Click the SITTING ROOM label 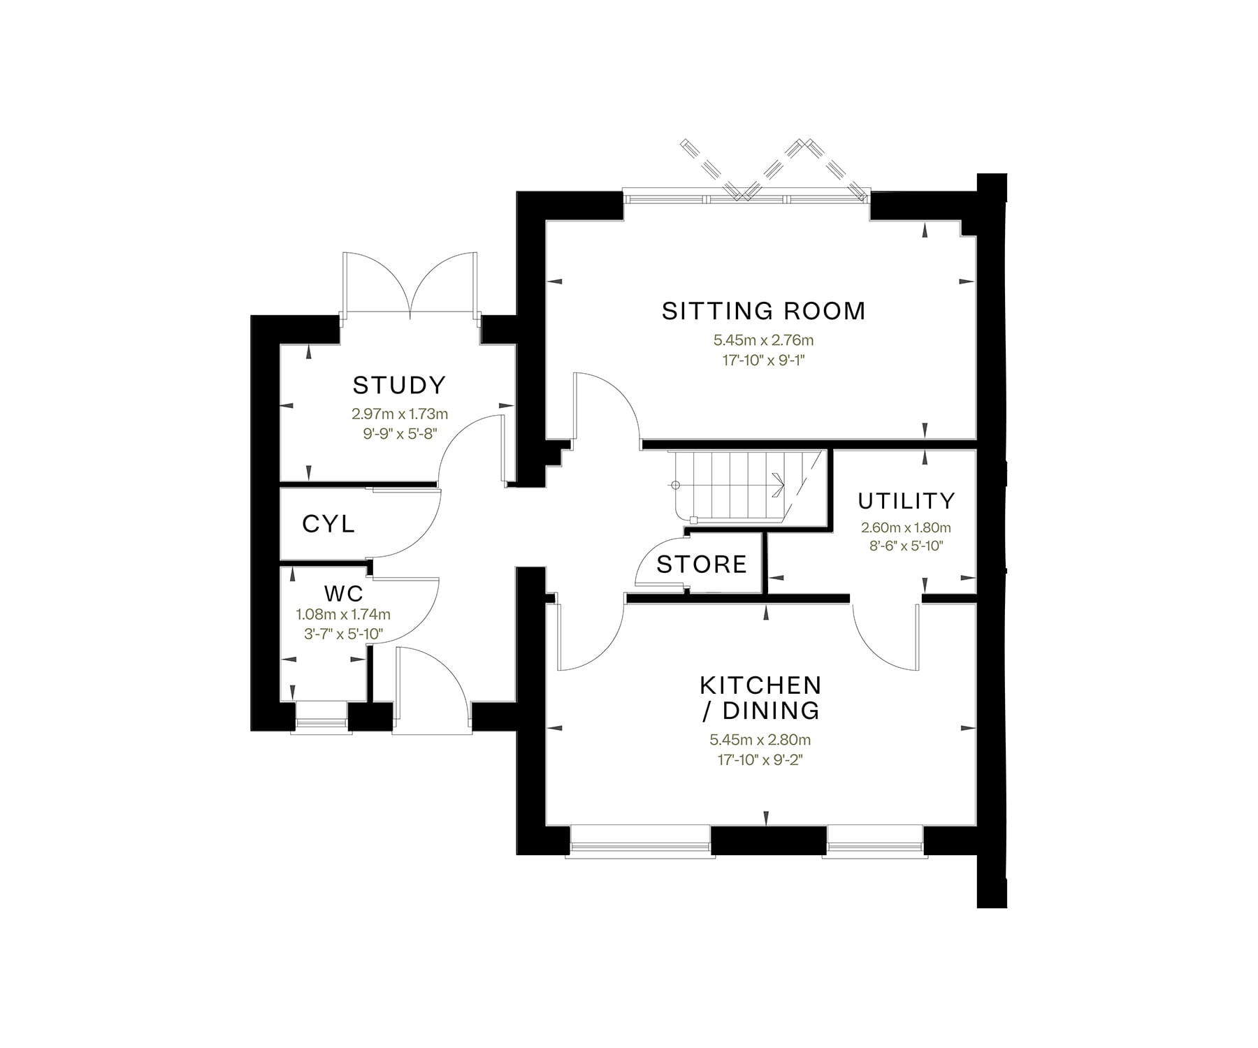point(763,311)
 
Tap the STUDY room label point(399,385)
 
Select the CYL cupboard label point(328,523)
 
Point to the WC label point(344,594)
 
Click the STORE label point(702,564)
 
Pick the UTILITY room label point(906,501)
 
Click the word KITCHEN point(760,685)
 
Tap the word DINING point(770,711)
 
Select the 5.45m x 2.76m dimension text point(763,341)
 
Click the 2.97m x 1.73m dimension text point(399,414)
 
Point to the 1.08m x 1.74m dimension point(343,615)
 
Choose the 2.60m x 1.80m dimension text point(906,528)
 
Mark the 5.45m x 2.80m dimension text point(760,740)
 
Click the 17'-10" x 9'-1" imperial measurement point(763,361)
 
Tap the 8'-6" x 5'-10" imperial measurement point(906,546)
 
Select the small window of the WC point(321,716)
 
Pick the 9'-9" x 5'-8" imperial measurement point(399,433)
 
